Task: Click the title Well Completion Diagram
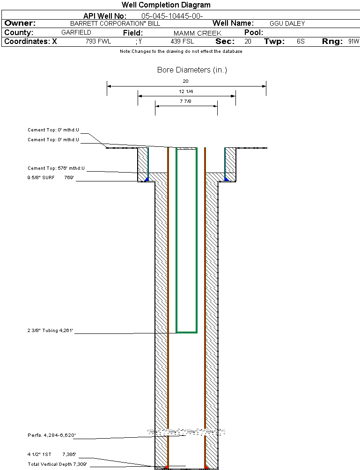click(x=166, y=5)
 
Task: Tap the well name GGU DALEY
click(x=287, y=23)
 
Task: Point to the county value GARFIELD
click(x=76, y=33)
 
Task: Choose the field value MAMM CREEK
click(x=198, y=33)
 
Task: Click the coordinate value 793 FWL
click(x=98, y=42)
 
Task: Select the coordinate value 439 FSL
click(x=182, y=42)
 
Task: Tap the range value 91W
click(x=353, y=42)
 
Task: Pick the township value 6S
click(x=301, y=42)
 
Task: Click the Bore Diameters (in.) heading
click(x=192, y=70)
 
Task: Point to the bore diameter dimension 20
click(x=186, y=81)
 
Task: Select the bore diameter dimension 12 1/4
click(x=186, y=92)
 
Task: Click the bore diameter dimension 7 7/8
click(x=186, y=101)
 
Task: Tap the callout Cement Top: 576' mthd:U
click(x=58, y=168)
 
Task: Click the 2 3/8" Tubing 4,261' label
click(x=50, y=331)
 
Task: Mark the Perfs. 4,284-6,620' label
click(x=51, y=435)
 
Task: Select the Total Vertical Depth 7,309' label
click(x=57, y=464)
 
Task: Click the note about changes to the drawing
click(x=181, y=51)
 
